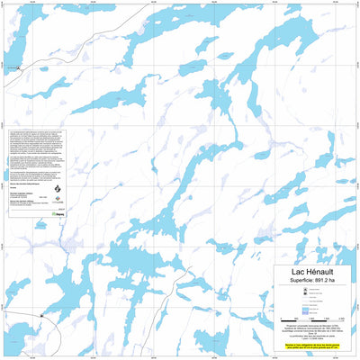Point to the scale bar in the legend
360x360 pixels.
(x=305, y=319)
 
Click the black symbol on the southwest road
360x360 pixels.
(x=41, y=316)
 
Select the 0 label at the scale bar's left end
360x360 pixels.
(x=282, y=322)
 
